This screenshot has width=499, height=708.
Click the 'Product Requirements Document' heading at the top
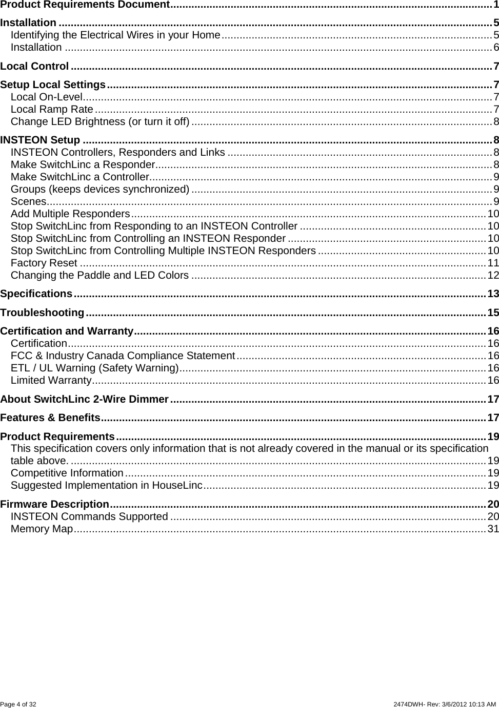pyautogui.click(x=85, y=5)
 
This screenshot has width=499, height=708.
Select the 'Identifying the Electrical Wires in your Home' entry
pyautogui.click(x=115, y=35)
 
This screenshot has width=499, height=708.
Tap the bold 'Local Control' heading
pyautogui.click(x=34, y=66)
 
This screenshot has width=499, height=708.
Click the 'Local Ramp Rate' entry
pyautogui.click(x=52, y=109)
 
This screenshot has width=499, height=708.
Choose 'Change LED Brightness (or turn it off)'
pyautogui.click(x=100, y=121)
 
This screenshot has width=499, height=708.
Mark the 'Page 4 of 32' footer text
pyautogui.click(x=18, y=704)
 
